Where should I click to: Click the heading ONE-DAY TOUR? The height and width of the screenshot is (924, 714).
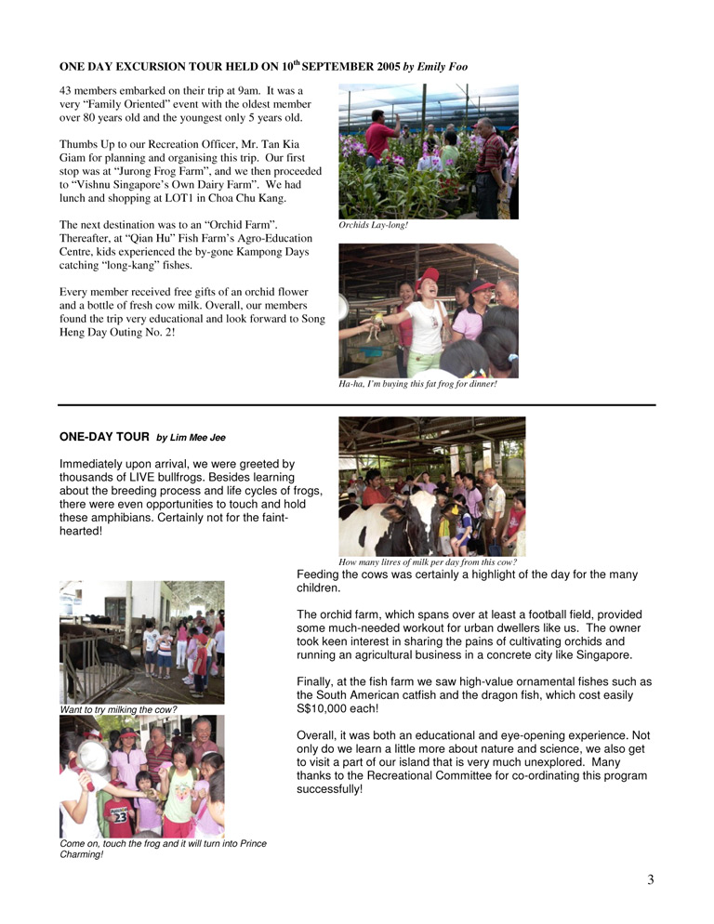(x=103, y=436)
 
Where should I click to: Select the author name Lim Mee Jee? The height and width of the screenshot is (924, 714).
(x=191, y=437)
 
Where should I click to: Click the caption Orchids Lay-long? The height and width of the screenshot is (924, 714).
(x=373, y=225)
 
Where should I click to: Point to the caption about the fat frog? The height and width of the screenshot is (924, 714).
(x=417, y=384)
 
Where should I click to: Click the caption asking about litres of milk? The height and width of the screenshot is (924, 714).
(x=427, y=561)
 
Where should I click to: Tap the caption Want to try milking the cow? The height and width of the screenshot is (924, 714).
(x=118, y=710)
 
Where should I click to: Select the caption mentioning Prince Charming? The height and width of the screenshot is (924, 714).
(x=162, y=849)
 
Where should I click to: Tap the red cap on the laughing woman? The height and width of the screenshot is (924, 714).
(x=428, y=276)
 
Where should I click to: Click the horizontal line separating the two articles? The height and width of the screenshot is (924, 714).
(x=357, y=405)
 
